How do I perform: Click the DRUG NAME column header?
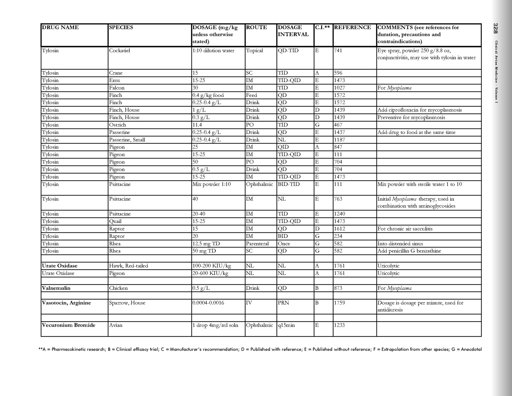[60, 27]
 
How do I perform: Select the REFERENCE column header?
[352, 27]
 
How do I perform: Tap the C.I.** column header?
[323, 27]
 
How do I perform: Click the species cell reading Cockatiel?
[119, 51]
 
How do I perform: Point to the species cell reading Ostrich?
[117, 125]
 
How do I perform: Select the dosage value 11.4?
[197, 125]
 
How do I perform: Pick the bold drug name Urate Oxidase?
[59, 266]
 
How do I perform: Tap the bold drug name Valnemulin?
[56, 288]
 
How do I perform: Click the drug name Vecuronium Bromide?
[68, 325]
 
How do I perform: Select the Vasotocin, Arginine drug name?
[66, 303]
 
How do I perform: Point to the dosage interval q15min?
[286, 325]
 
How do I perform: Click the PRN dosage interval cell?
[283, 303]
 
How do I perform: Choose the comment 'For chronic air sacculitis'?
[405, 229]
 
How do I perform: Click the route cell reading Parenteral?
[257, 244]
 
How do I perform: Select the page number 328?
[496, 28]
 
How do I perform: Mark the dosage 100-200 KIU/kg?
[212, 266]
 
